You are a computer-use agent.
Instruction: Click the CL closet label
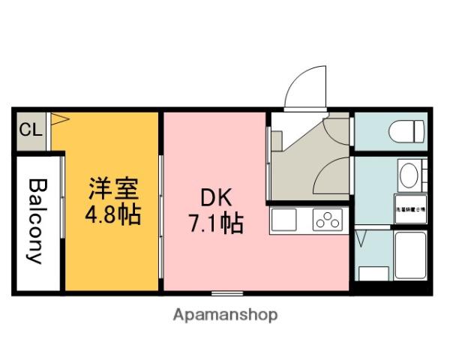tap(30, 130)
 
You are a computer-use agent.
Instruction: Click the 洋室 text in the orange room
tap(112, 187)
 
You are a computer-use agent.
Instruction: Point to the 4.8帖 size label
tap(112, 215)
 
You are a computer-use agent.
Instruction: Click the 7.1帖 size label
tap(215, 224)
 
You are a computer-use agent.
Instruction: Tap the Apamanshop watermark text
tap(226, 315)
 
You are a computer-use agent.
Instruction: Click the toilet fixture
tap(408, 131)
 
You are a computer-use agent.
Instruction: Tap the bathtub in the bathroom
tap(409, 255)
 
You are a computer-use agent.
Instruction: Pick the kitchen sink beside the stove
tap(285, 220)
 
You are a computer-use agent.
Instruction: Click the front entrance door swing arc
tap(307, 85)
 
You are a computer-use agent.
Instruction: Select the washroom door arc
tap(334, 176)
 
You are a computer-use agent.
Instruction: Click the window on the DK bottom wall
tap(226, 292)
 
